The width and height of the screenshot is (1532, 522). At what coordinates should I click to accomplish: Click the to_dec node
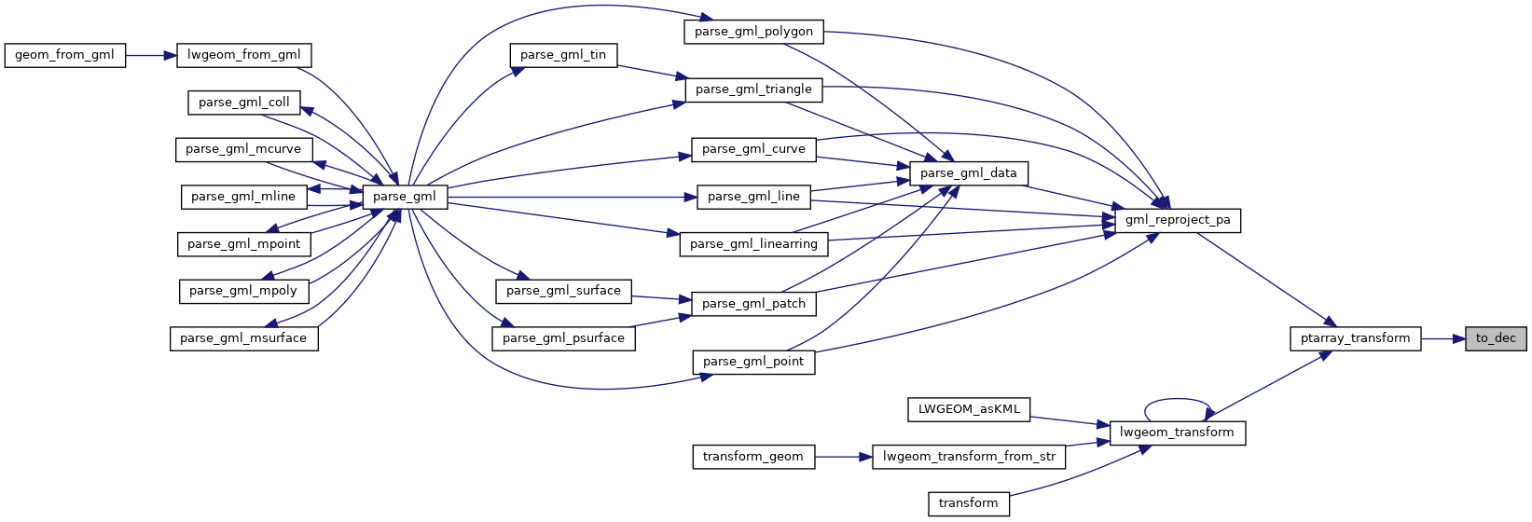pos(1496,338)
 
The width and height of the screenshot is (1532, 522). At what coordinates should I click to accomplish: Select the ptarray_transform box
pos(1355,338)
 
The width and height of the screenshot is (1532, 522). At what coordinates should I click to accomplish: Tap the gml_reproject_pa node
pos(1178,220)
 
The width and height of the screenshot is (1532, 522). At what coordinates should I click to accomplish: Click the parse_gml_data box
pos(969,173)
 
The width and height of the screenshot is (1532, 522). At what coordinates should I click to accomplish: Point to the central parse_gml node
pos(404,197)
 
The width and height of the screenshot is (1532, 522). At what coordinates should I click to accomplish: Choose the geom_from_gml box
pos(64,55)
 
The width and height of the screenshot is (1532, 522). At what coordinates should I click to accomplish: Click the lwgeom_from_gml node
pos(243,55)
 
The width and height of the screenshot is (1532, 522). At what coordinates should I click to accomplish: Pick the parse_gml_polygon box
pos(753,32)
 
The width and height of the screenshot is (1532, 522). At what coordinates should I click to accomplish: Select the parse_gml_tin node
pos(563,55)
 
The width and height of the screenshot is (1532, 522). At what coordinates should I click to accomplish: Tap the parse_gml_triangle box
pos(753,89)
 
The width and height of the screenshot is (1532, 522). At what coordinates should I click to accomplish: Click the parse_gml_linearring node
pos(753,244)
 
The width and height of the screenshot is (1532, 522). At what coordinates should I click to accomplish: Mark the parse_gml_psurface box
pos(563,338)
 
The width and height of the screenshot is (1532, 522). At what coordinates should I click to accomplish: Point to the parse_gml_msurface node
pos(243,338)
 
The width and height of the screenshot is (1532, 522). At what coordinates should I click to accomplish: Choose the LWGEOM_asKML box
pos(969,409)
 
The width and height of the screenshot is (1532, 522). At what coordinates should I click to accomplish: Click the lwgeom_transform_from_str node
pos(969,457)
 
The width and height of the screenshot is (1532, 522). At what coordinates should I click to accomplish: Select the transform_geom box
pos(752,457)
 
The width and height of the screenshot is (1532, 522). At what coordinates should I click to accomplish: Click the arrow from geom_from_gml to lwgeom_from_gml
pos(150,55)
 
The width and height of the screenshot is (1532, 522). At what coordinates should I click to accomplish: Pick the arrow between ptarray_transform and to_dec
pos(1443,338)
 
